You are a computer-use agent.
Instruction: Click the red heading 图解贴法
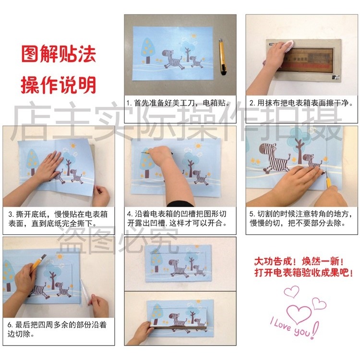point(58,54)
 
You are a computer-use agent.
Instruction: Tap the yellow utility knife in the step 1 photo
point(222,57)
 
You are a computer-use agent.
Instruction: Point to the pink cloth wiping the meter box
point(287,47)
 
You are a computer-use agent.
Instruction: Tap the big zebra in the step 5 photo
point(272,155)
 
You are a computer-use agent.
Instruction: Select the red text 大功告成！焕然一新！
point(299,262)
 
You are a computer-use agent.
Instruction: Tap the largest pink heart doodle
point(301,314)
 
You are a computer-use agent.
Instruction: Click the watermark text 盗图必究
point(118,238)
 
